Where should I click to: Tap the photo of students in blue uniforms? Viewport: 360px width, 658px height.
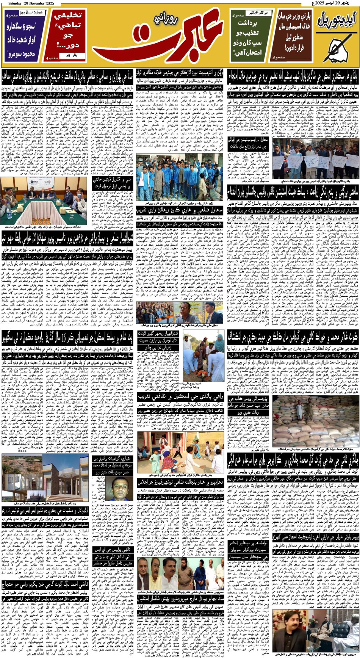pyautogui.click(x=179, y=177)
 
